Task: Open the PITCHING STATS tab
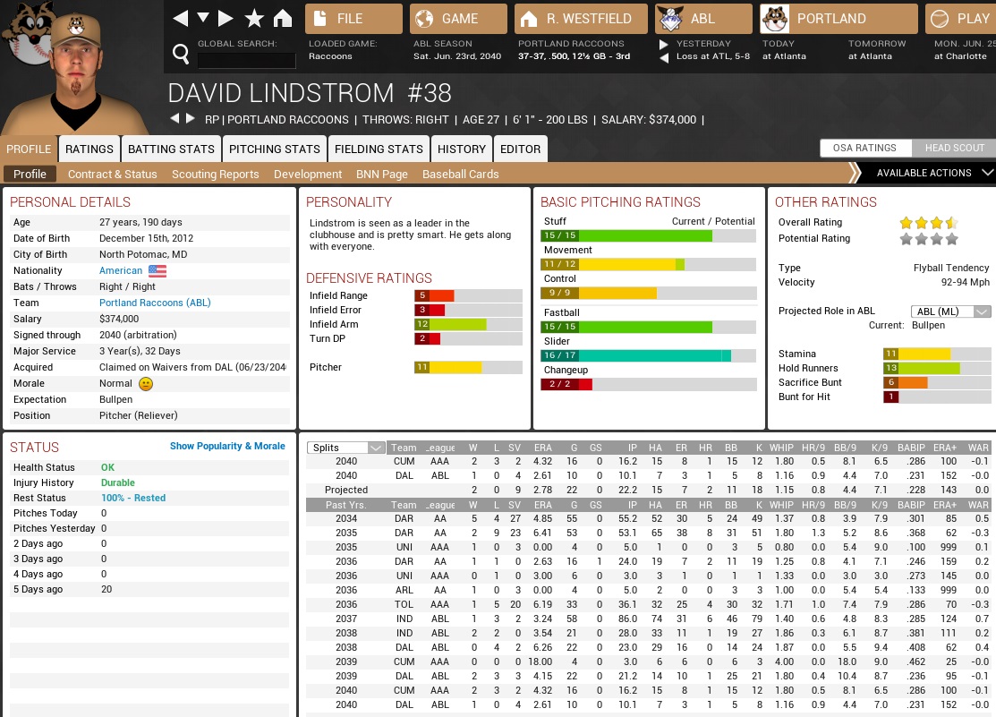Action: (275, 149)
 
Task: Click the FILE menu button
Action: (353, 18)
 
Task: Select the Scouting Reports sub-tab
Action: (215, 174)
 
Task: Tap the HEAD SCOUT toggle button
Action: (954, 148)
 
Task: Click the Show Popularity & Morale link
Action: (227, 446)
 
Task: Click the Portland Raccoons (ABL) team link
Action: (155, 303)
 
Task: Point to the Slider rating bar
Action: (648, 355)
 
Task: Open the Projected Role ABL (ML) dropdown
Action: (950, 312)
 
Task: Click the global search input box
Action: (246, 60)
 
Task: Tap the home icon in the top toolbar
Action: (283, 18)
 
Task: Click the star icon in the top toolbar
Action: (254, 18)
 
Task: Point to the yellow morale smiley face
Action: (146, 384)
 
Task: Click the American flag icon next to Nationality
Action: (157, 270)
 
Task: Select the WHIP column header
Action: (782, 448)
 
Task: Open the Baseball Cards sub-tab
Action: (460, 174)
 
